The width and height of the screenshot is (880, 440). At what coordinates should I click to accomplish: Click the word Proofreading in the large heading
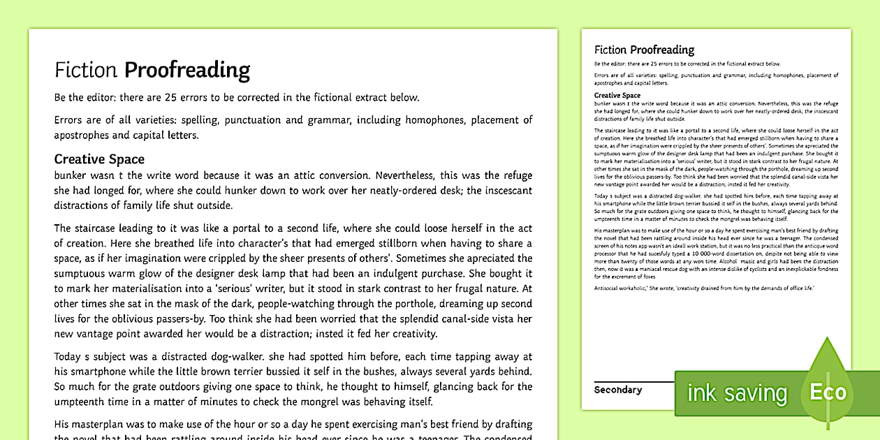click(186, 70)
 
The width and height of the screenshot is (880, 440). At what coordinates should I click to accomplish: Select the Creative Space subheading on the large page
click(99, 159)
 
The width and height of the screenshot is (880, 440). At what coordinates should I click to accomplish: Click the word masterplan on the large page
click(108, 425)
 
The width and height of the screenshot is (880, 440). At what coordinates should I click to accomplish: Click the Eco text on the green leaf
click(828, 392)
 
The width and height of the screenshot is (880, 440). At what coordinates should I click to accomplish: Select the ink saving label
click(737, 393)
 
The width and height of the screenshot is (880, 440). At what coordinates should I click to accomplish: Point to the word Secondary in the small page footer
click(617, 390)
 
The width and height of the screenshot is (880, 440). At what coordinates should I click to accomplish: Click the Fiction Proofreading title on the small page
click(644, 50)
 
